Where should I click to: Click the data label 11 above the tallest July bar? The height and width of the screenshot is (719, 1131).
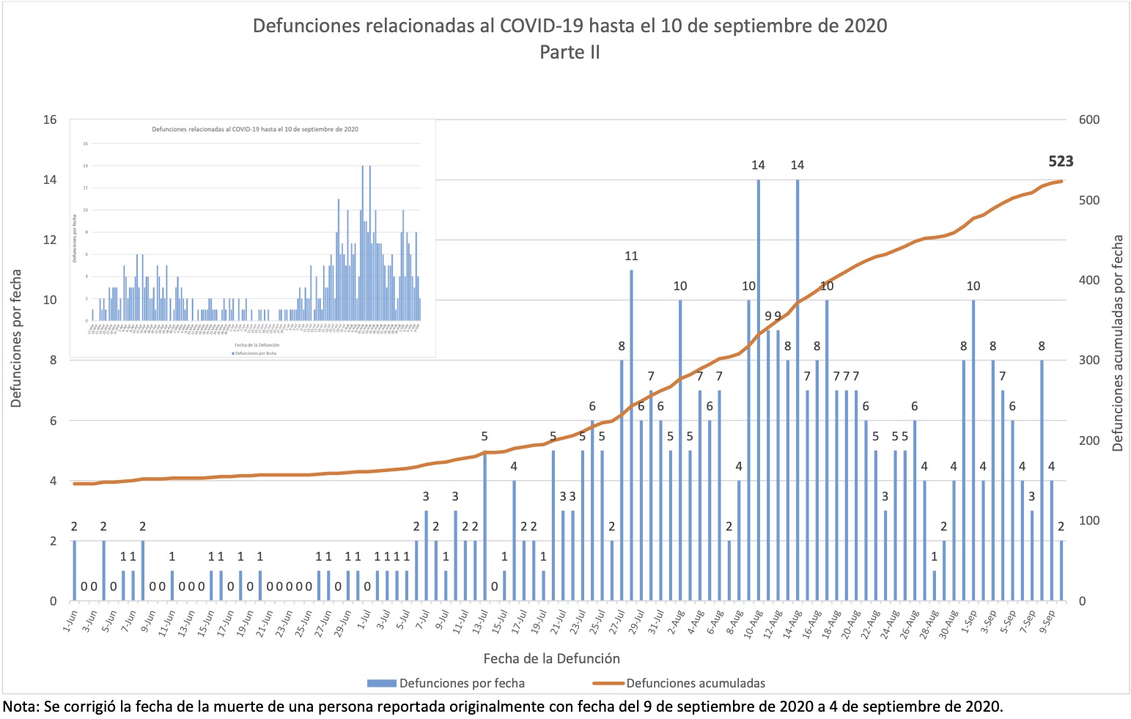[631, 256]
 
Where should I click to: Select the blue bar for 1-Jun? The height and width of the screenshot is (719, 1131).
[74, 570]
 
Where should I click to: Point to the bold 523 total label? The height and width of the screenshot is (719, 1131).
[1061, 161]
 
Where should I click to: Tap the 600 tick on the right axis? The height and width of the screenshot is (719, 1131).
[1089, 119]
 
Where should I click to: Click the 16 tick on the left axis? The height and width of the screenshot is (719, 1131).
[49, 119]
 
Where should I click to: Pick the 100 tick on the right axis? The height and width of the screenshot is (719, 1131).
[1089, 520]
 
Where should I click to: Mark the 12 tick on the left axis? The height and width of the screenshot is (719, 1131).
[49, 240]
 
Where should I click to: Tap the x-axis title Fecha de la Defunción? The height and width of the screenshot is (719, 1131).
[551, 658]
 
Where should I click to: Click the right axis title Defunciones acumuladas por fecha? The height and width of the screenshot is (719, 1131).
[1118, 343]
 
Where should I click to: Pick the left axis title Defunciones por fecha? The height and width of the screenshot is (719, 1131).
[16, 339]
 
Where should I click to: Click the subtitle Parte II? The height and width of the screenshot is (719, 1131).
[570, 52]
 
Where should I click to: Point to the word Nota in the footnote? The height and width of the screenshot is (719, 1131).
[20, 707]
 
